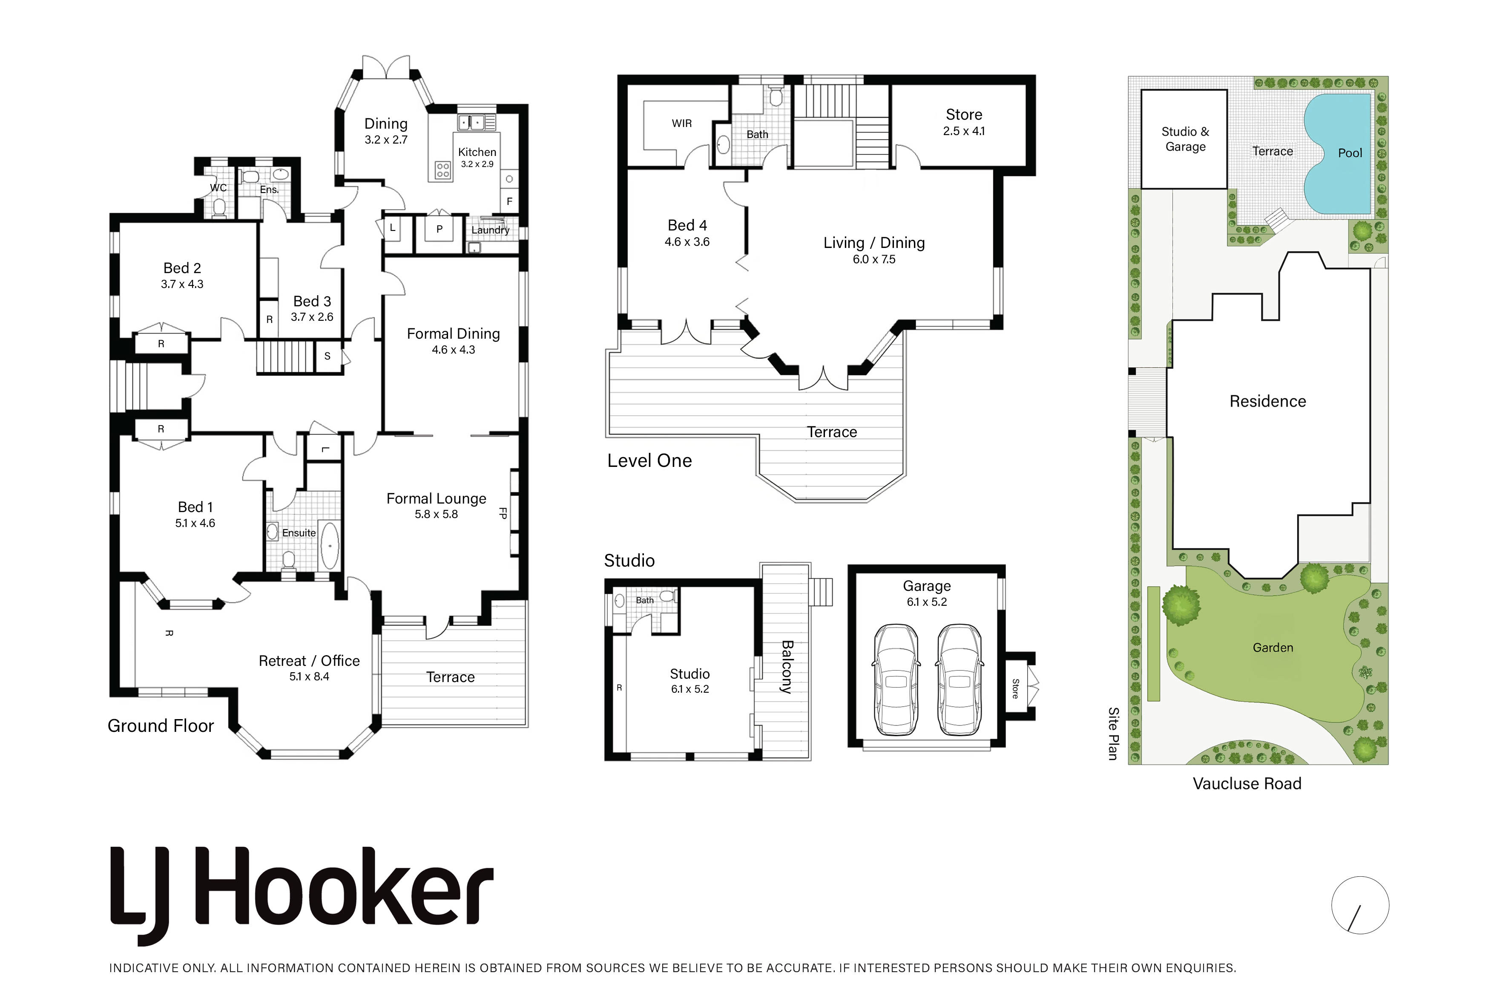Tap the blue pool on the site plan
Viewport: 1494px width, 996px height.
[x=1338, y=154]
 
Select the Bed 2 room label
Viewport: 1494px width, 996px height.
[x=182, y=268]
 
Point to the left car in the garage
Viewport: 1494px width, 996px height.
[x=896, y=679]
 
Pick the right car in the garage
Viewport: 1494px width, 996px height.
[x=960, y=679]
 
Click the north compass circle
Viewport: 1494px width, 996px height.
[x=1360, y=905]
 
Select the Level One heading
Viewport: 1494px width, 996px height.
[x=649, y=461]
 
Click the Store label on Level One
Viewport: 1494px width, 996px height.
[x=964, y=115]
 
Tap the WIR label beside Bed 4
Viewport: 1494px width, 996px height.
[x=682, y=123]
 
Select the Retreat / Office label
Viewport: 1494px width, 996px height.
[x=309, y=661]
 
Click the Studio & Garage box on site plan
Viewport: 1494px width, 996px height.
[x=1184, y=139]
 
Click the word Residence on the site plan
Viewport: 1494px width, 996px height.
[x=1267, y=401]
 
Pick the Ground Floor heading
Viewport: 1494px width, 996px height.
[x=161, y=725]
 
